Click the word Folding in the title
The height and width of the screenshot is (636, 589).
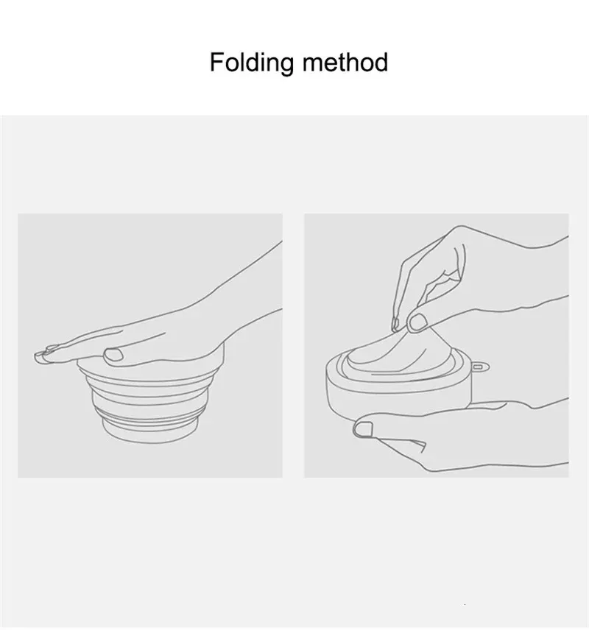pos(252,63)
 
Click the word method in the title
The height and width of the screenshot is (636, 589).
pos(345,62)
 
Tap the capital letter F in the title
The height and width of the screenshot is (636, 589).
pos(216,62)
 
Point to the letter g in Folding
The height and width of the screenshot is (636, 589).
pos(286,66)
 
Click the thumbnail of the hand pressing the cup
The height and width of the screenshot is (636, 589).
pos(113,355)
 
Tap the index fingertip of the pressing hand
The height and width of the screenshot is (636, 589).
pos(40,356)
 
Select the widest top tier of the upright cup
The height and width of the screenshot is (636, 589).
pos(150,371)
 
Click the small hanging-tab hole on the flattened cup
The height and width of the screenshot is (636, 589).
pos(478,367)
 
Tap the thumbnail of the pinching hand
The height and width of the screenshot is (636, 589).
pos(417,322)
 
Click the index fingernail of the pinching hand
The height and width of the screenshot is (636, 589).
pos(395,324)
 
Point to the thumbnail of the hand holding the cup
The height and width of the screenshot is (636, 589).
pos(363,429)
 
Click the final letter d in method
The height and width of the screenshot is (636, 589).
pos(381,63)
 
